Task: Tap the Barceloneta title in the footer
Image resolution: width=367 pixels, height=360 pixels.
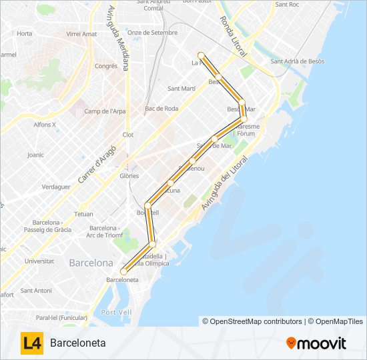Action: pyautogui.click(x=77, y=343)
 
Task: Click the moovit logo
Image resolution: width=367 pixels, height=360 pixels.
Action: pyautogui.click(x=316, y=343)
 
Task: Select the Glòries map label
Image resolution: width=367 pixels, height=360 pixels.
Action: pyautogui.click(x=129, y=176)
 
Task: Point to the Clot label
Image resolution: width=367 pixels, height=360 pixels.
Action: pyautogui.click(x=128, y=135)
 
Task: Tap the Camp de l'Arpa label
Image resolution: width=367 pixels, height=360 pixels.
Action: pyautogui.click(x=105, y=111)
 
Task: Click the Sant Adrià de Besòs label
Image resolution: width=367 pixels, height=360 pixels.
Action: pyautogui.click(x=297, y=61)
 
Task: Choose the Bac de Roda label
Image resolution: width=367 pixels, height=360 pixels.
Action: pyautogui.click(x=161, y=108)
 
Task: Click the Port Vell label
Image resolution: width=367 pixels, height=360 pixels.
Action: pyautogui.click(x=113, y=312)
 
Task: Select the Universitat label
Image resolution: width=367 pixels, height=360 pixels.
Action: pyautogui.click(x=39, y=261)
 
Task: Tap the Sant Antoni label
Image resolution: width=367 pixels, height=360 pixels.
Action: pyautogui.click(x=36, y=290)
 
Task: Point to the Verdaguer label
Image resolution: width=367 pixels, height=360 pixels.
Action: pyautogui.click(x=56, y=187)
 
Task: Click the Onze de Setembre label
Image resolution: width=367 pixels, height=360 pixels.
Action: pyautogui.click(x=152, y=33)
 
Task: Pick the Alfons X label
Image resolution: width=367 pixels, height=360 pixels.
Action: pyautogui.click(x=45, y=125)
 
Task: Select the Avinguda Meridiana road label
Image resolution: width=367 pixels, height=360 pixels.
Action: pyautogui.click(x=119, y=39)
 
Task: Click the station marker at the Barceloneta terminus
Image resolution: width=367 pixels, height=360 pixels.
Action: pyautogui.click(x=123, y=271)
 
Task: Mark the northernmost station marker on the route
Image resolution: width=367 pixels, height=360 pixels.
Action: pyautogui.click(x=200, y=55)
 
